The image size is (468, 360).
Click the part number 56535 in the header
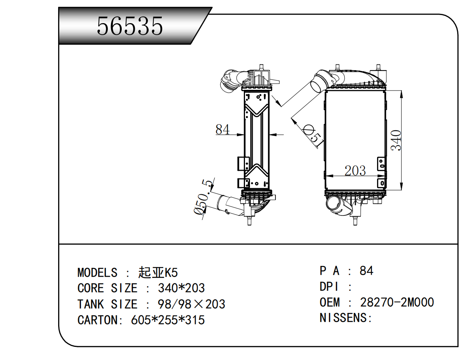(130, 26)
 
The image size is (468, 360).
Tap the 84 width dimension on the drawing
(223, 130)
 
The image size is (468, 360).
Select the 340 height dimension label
(396, 140)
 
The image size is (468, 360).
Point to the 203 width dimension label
(355, 171)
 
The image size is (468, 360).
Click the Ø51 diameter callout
(313, 136)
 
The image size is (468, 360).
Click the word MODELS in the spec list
(97, 273)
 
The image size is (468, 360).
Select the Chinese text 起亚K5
(158, 273)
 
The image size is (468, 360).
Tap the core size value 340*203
(181, 288)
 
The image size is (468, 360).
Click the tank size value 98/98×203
(191, 304)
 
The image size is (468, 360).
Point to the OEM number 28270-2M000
(397, 302)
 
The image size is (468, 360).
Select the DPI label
(329, 287)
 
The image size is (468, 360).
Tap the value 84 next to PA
(366, 271)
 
